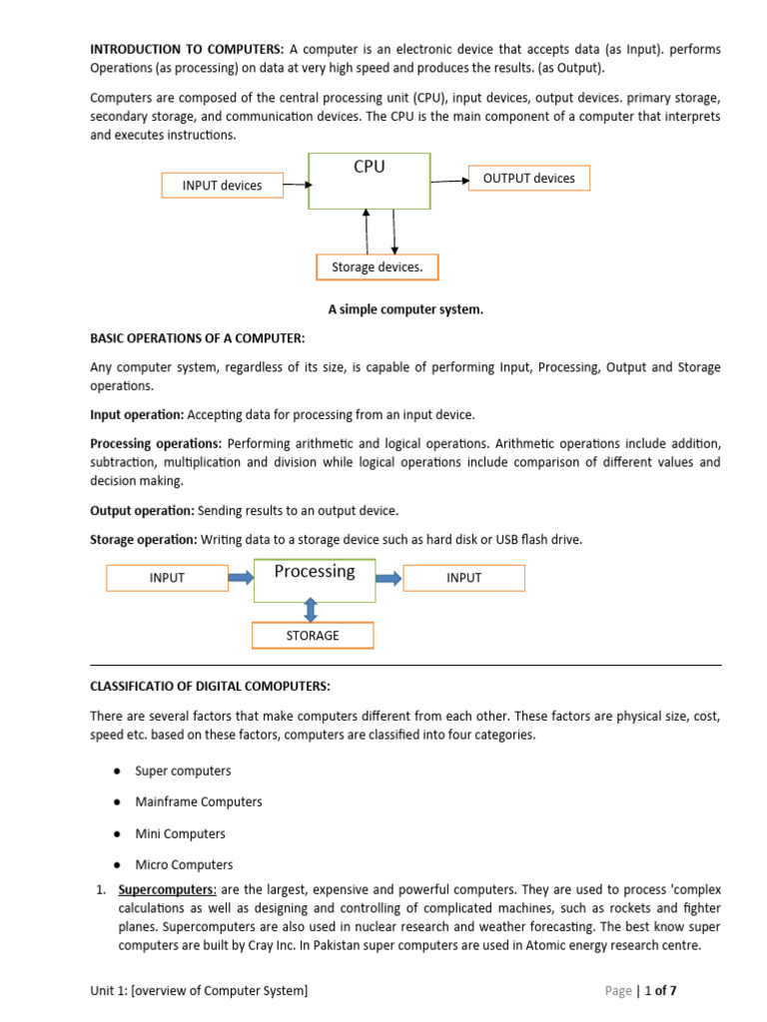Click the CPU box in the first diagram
(x=370, y=181)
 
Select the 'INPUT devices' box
(x=222, y=185)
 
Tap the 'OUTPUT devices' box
(x=528, y=178)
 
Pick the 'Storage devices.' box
(x=377, y=267)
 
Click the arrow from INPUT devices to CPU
(x=296, y=184)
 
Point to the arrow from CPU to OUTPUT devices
(x=449, y=180)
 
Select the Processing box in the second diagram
(x=314, y=579)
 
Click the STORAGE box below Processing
(x=313, y=635)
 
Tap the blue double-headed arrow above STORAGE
(x=311, y=610)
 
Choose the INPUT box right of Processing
(x=463, y=577)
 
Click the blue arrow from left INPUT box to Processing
(x=241, y=577)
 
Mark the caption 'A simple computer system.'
(x=405, y=309)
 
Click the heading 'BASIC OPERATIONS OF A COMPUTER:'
(x=197, y=338)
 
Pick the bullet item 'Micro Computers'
(x=184, y=864)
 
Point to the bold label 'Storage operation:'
(x=144, y=539)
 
